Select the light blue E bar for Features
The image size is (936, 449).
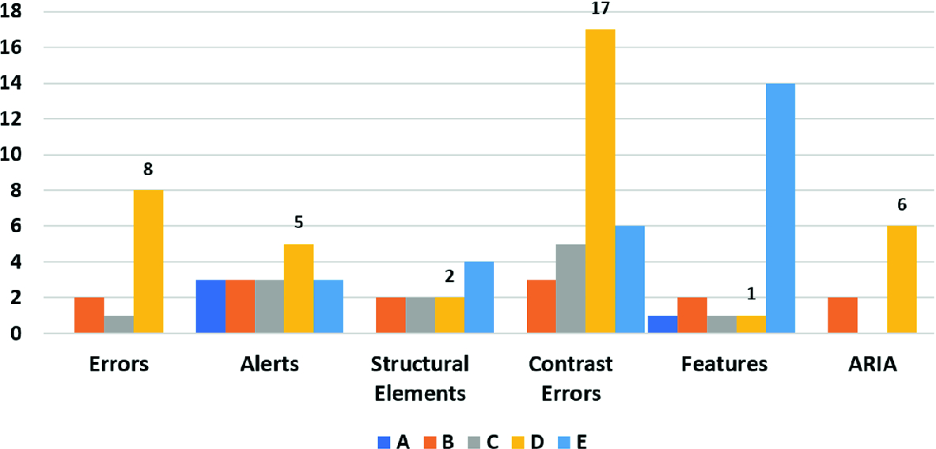tap(779, 208)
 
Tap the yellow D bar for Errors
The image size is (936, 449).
tap(148, 261)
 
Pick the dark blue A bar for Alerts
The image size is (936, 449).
tap(210, 306)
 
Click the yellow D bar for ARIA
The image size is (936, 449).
tap(901, 280)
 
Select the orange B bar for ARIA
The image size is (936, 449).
tap(842, 315)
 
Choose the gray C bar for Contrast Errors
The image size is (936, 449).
tap(570, 288)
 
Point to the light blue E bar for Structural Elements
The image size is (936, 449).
tap(479, 298)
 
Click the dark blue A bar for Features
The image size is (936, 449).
tap(662, 325)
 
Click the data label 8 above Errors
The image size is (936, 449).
tap(148, 169)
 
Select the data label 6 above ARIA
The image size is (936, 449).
tap(901, 205)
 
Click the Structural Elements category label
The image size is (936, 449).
tap(419, 378)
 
